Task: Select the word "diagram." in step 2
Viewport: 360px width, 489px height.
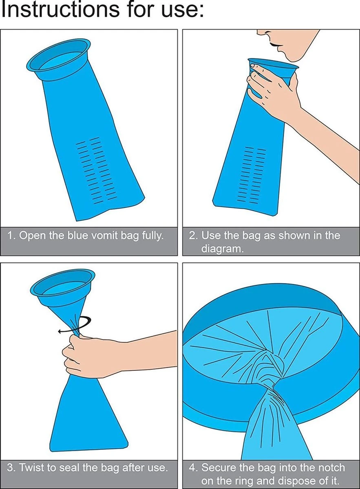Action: [222, 249]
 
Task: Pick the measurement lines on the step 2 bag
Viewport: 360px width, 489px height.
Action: [251, 175]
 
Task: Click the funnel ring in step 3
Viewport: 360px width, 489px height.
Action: [63, 284]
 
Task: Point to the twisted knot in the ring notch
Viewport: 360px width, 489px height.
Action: [271, 371]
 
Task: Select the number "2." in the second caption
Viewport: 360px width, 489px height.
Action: [193, 236]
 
